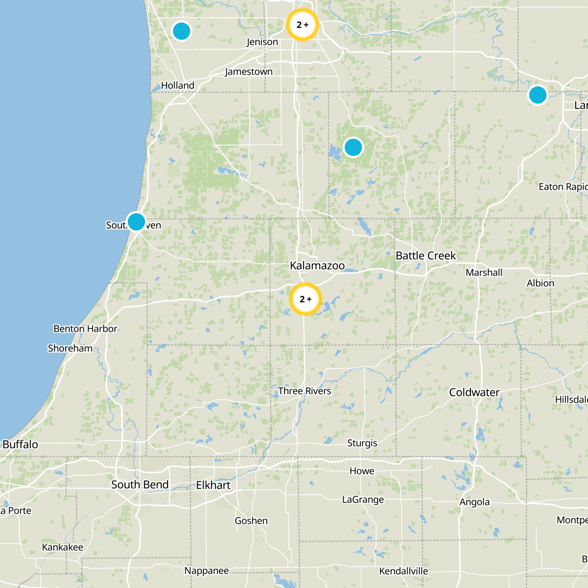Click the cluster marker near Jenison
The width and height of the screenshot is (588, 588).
tap(302, 25)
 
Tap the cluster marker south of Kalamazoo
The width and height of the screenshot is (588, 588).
tap(305, 299)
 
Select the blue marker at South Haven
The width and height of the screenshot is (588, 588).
tap(136, 222)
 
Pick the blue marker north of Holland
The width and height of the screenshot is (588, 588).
tap(181, 31)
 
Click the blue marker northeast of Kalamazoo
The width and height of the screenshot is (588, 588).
tap(353, 147)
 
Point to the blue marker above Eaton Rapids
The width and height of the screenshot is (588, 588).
tap(538, 95)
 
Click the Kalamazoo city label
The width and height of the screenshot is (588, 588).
tap(317, 265)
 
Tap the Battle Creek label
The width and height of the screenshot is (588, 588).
tap(425, 255)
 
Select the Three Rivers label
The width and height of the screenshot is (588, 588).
tap(304, 391)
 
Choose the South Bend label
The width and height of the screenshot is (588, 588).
tap(140, 485)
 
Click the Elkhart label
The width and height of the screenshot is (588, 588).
tap(213, 485)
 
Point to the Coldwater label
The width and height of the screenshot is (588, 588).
tap(474, 392)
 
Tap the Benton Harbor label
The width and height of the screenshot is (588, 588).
tap(85, 329)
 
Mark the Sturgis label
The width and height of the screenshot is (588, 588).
tap(362, 443)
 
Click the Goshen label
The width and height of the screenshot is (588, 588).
tap(251, 521)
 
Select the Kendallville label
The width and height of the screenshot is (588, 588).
tap(404, 571)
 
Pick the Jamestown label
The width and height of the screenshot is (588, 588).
tap(249, 72)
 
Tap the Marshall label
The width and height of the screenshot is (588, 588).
tap(484, 273)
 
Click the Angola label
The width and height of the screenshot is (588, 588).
tap(474, 502)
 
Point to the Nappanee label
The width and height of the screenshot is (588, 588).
tap(206, 571)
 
